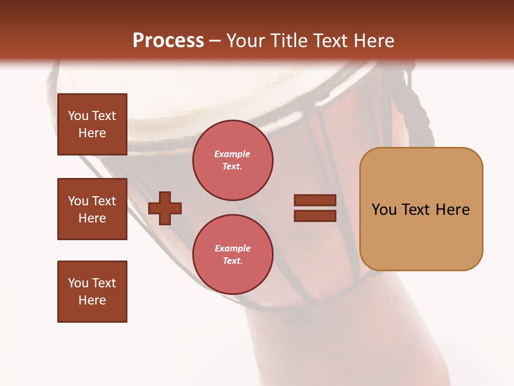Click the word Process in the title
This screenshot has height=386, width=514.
click(x=168, y=41)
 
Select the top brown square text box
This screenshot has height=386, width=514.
click(x=92, y=124)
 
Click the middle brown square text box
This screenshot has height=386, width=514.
click(x=92, y=209)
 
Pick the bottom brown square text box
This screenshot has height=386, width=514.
click(x=92, y=292)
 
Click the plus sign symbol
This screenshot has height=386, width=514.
click(x=165, y=208)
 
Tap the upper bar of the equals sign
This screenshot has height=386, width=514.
click(x=315, y=200)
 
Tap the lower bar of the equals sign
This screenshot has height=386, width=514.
click(x=315, y=216)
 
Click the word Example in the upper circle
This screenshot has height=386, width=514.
click(x=232, y=154)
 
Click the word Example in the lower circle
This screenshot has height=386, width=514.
click(x=232, y=249)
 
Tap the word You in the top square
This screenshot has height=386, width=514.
click(x=78, y=116)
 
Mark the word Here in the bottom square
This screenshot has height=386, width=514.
click(x=92, y=301)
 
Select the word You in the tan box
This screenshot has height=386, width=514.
click(x=384, y=210)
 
